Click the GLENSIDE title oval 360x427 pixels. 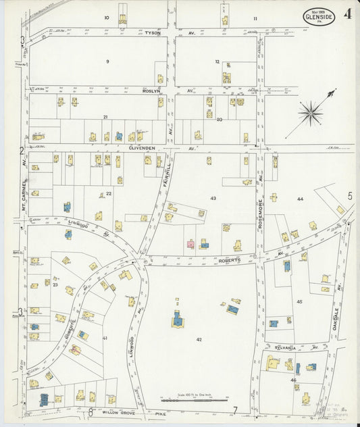coord(318,16)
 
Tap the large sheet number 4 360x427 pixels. coord(346,14)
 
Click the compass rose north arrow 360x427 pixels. coord(311,112)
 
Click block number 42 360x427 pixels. coord(199,339)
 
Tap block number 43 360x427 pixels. coord(213,198)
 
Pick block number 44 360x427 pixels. coord(300,199)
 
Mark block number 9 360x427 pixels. coord(107,61)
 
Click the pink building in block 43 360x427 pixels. coord(190,244)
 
